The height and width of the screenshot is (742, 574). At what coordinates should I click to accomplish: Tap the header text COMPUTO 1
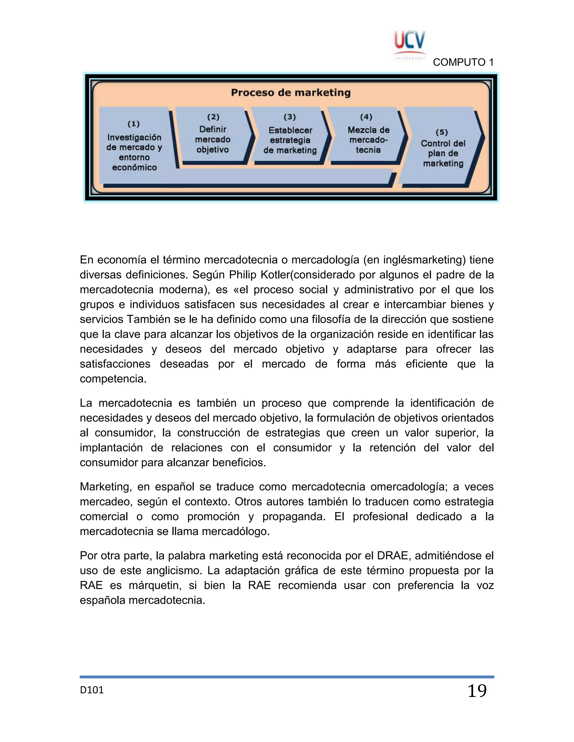pyautogui.click(x=463, y=62)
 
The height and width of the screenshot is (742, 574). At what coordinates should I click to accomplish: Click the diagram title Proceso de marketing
pyautogui.click(x=290, y=93)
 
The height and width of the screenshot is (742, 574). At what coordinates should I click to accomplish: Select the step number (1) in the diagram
pyautogui.click(x=134, y=124)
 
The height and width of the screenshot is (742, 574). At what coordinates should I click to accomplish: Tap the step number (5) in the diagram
pyautogui.click(x=442, y=132)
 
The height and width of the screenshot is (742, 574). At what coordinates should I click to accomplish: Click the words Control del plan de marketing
pyautogui.click(x=443, y=153)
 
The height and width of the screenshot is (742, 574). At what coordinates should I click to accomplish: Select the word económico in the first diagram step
pyautogui.click(x=134, y=167)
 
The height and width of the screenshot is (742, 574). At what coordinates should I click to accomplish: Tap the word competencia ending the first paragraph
pyautogui.click(x=113, y=379)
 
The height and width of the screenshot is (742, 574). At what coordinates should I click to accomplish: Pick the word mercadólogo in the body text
pyautogui.click(x=236, y=531)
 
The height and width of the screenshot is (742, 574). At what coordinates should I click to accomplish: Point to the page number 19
pyautogui.click(x=477, y=691)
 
